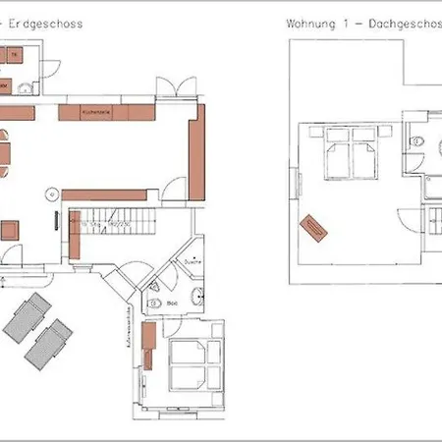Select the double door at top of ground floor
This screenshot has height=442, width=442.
(169, 88)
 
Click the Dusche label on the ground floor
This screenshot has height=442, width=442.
(191, 263)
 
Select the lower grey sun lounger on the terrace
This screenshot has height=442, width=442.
(48, 344)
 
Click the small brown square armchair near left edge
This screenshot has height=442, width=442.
(10, 230)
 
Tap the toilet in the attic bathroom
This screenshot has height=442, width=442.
(418, 141)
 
